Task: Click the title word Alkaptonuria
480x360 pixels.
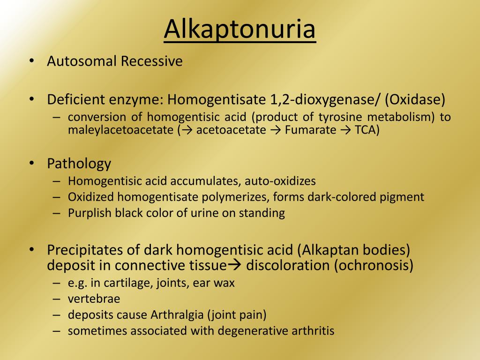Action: click(x=240, y=29)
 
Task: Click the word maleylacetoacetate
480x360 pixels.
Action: click(x=120, y=130)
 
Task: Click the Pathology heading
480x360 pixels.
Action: click(x=79, y=164)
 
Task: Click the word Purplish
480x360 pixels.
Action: click(x=89, y=213)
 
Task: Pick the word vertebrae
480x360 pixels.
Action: click(x=94, y=299)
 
